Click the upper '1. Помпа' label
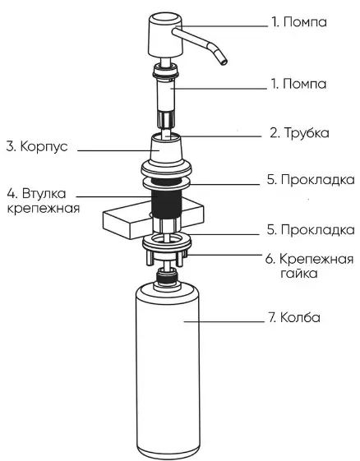point(298,22)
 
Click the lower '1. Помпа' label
point(298,84)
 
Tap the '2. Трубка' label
point(299,133)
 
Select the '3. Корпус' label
point(37,146)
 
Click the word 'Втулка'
point(44,193)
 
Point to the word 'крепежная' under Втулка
point(44,209)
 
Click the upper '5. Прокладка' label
point(311,179)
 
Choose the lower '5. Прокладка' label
point(311,229)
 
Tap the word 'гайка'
point(299,274)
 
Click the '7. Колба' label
point(293,317)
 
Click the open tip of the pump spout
point(224,62)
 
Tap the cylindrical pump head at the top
point(165,35)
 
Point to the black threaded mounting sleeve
point(165,203)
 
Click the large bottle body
point(168,371)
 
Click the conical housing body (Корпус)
point(166,149)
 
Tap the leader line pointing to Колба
point(224,321)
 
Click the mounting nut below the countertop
point(167,249)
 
